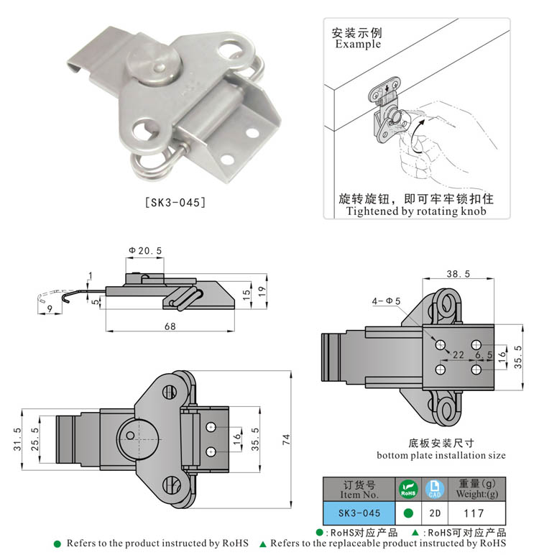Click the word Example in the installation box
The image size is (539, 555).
click(358, 45)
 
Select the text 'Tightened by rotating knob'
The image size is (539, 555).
click(416, 211)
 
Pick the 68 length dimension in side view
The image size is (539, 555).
click(170, 325)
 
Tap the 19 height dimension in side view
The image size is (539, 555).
click(264, 290)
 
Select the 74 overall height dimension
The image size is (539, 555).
click(286, 440)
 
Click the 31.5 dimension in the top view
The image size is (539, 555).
click(17, 439)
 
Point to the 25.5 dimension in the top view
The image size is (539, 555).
click(36, 439)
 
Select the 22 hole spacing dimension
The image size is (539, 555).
click(457, 354)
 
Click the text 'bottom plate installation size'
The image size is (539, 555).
click(441, 455)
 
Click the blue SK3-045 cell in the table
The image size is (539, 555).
click(358, 513)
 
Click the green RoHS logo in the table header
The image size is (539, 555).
click(407, 490)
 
